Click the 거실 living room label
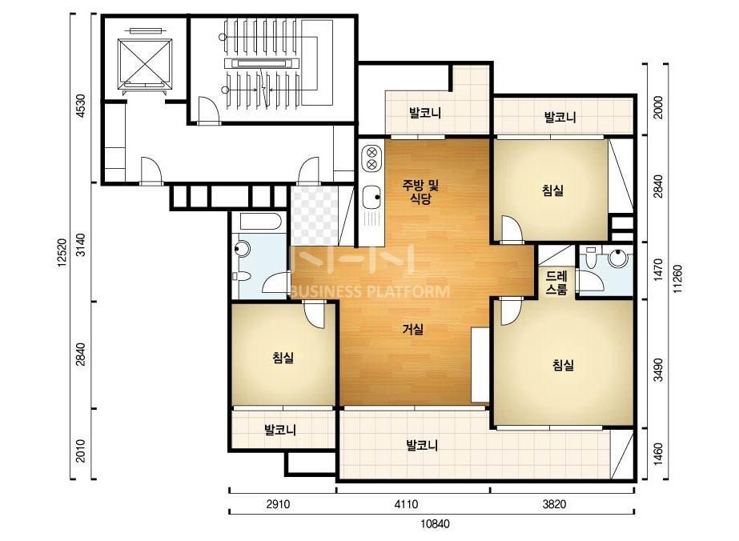click(x=413, y=330)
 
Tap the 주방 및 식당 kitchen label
click(x=420, y=191)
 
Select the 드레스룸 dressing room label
click(x=556, y=283)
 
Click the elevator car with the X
click(x=144, y=62)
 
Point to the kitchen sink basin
click(x=372, y=198)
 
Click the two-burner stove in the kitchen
click(x=372, y=158)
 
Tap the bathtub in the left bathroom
click(x=260, y=221)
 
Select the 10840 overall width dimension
click(x=434, y=523)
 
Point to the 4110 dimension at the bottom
click(x=406, y=504)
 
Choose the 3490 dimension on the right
click(x=659, y=371)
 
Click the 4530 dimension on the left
click(x=81, y=106)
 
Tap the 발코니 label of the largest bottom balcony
click(x=422, y=445)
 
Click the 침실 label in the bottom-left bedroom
click(x=283, y=358)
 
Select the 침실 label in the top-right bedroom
click(x=552, y=190)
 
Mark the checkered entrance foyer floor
click(x=314, y=215)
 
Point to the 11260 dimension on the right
click(x=677, y=279)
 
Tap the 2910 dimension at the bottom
click(x=278, y=504)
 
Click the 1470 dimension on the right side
click(x=659, y=270)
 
